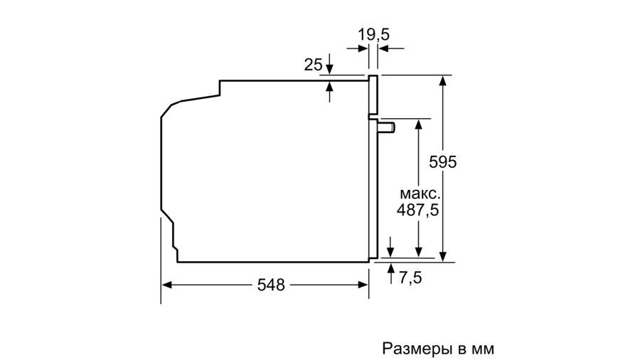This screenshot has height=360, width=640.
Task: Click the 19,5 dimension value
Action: [x=374, y=35]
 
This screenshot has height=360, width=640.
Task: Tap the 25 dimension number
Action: [x=313, y=65]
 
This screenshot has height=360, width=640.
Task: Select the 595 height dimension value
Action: [x=443, y=162]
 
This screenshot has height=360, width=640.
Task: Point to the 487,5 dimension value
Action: [x=417, y=210]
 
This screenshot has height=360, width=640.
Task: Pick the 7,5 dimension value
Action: [x=410, y=277]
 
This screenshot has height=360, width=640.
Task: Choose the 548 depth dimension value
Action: [x=271, y=285]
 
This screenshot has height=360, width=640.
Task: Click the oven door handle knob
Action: [x=387, y=127]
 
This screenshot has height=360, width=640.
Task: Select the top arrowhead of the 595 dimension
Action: [x=443, y=80]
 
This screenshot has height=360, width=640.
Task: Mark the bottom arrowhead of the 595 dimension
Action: [x=443, y=256]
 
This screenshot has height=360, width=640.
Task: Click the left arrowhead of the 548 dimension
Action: [x=166, y=285]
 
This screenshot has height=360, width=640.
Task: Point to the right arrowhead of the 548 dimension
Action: [x=363, y=285]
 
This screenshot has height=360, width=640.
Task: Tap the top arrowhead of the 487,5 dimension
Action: [x=418, y=124]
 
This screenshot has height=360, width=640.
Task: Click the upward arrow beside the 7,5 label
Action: [x=391, y=273]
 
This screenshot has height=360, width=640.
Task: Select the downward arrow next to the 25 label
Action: [x=330, y=65]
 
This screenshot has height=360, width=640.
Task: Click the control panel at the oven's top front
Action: [x=373, y=95]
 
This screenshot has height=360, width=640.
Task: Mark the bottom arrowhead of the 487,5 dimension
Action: [x=418, y=253]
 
